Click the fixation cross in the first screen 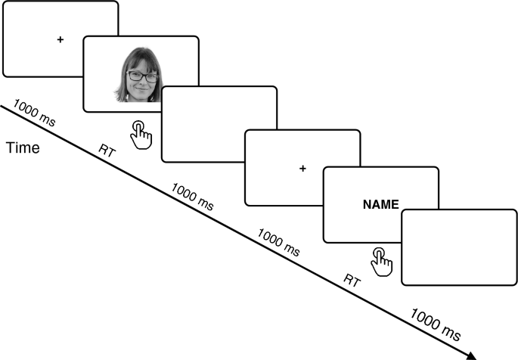pos(60,39)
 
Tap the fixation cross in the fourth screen pos(302,168)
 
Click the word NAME pos(380,204)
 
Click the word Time pos(23,148)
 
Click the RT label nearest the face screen pos(108,150)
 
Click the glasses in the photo pos(142,76)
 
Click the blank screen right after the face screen pos(219,124)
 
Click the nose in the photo pos(141,84)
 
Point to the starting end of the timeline pos(2,107)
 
